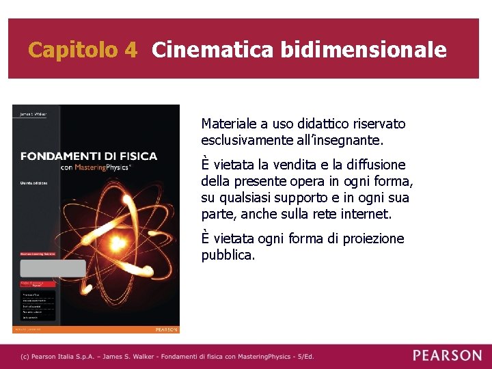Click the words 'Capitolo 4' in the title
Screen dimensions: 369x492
(83, 50)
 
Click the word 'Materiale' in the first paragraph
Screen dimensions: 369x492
(229, 124)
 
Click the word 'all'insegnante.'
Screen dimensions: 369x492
(340, 141)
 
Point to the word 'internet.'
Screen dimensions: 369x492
(368, 215)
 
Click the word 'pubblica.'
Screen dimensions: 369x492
(228, 256)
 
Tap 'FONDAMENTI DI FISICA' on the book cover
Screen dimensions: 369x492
(89, 156)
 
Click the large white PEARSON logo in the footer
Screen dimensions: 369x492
(447, 355)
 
